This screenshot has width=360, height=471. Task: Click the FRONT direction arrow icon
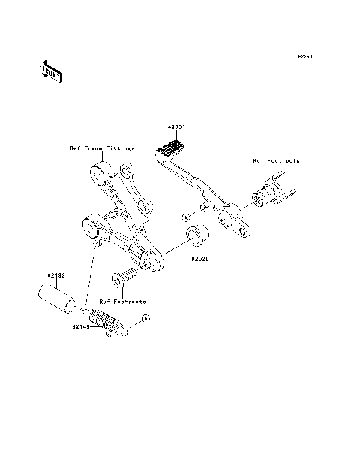tap(52, 72)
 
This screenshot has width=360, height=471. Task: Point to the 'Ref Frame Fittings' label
tap(102, 148)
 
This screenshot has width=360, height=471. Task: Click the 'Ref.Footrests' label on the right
tap(275, 161)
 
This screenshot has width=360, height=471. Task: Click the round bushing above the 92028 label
tap(198, 235)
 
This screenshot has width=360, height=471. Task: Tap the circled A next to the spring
tap(146, 319)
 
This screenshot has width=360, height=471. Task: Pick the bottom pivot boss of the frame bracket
tap(150, 260)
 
